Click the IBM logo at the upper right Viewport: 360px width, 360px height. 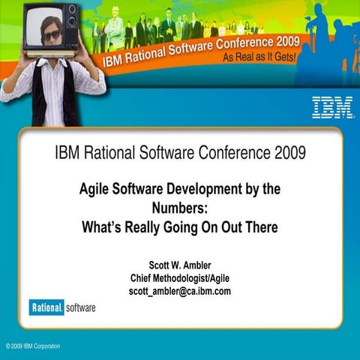[332, 106]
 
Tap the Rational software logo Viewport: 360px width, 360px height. [62, 307]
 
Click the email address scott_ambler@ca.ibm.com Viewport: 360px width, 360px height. [180, 291]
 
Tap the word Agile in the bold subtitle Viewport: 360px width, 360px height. [96, 190]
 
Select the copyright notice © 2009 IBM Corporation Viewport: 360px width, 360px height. [33, 346]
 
